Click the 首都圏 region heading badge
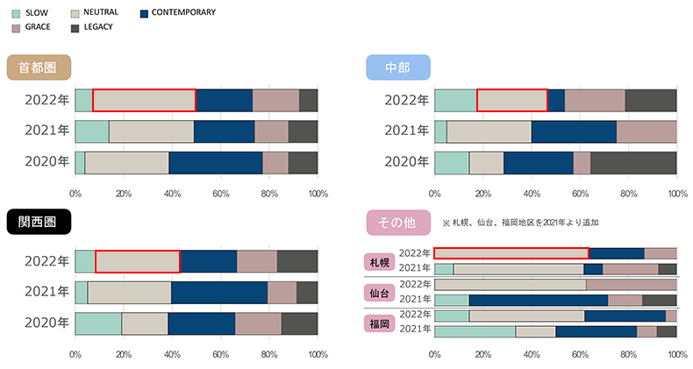coord(38,67)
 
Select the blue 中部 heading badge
coord(397,67)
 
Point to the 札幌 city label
coord(380,261)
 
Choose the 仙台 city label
coord(380,292)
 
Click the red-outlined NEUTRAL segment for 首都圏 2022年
coord(144,100)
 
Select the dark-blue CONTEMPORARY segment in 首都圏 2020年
coord(215,163)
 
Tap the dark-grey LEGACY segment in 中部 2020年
coord(633,163)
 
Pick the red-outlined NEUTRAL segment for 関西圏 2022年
coord(137,261)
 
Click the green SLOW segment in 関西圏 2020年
coord(98,323)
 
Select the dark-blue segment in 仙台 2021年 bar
coord(539,300)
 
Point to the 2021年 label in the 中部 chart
coord(405,131)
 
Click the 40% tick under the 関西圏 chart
coord(172,354)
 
